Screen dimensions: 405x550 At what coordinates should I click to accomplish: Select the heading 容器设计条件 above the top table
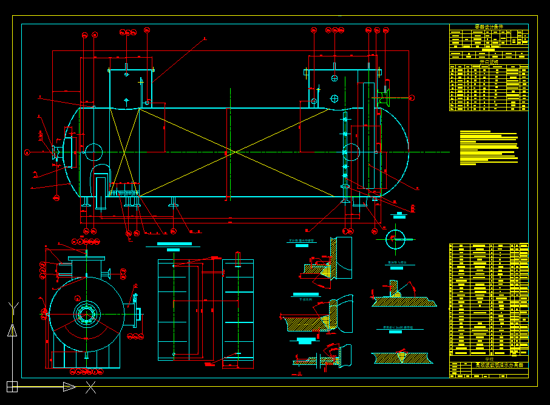tap(488, 27)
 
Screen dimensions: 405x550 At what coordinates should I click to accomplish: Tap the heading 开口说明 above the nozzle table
tap(488, 61)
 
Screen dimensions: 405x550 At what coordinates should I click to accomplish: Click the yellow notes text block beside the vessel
tap(488, 148)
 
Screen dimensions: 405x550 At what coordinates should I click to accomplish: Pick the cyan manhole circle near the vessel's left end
tap(93, 151)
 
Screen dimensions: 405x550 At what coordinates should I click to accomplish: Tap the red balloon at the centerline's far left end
tap(27, 152)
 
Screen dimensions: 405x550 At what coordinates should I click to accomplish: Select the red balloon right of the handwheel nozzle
tap(412, 97)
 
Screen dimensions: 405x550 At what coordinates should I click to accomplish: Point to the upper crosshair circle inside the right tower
tap(334, 78)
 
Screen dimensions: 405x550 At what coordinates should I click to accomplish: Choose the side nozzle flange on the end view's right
tap(137, 314)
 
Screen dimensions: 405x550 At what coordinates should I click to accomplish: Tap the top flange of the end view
tap(87, 258)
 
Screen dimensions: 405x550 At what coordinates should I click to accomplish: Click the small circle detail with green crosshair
tap(393, 238)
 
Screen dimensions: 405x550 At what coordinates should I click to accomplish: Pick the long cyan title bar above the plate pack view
tap(174, 244)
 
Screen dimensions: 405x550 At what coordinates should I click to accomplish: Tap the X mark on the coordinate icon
tap(90, 387)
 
